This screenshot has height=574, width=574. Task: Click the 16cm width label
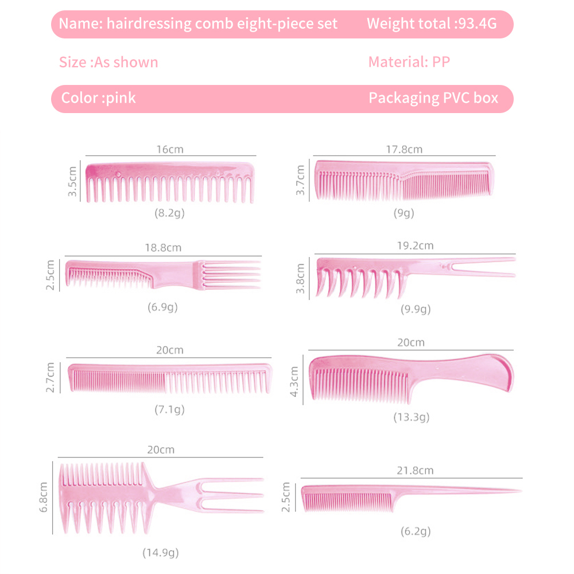click(170, 149)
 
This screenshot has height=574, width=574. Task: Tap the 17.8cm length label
click(404, 149)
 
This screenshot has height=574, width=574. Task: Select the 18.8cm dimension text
click(163, 248)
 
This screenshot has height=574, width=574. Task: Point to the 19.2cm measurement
click(416, 246)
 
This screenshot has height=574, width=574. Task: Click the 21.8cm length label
click(416, 471)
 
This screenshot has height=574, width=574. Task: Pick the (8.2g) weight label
click(169, 213)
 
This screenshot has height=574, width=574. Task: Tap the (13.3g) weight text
click(411, 417)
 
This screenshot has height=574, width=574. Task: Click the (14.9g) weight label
click(161, 553)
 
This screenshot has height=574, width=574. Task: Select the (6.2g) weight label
click(416, 531)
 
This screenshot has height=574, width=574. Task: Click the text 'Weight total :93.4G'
click(431, 24)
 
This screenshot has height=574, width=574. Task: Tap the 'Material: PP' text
click(409, 61)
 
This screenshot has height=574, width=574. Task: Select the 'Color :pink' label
click(99, 98)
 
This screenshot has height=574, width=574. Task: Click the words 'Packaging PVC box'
click(433, 98)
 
